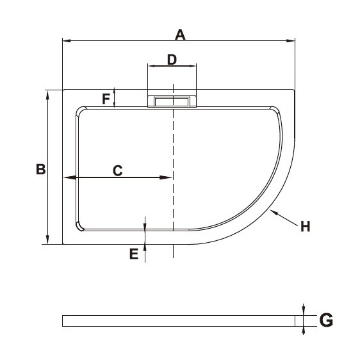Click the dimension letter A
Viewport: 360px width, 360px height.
(180, 35)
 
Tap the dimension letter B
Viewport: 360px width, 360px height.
(41, 169)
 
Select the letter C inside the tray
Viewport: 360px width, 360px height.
(118, 170)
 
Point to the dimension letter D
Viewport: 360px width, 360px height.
(172, 60)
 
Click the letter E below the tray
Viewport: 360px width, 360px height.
(134, 254)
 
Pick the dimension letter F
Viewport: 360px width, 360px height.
(106, 99)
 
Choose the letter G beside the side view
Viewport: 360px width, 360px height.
(326, 320)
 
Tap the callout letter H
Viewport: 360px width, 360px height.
(306, 226)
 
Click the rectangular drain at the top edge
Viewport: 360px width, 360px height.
(172, 102)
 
